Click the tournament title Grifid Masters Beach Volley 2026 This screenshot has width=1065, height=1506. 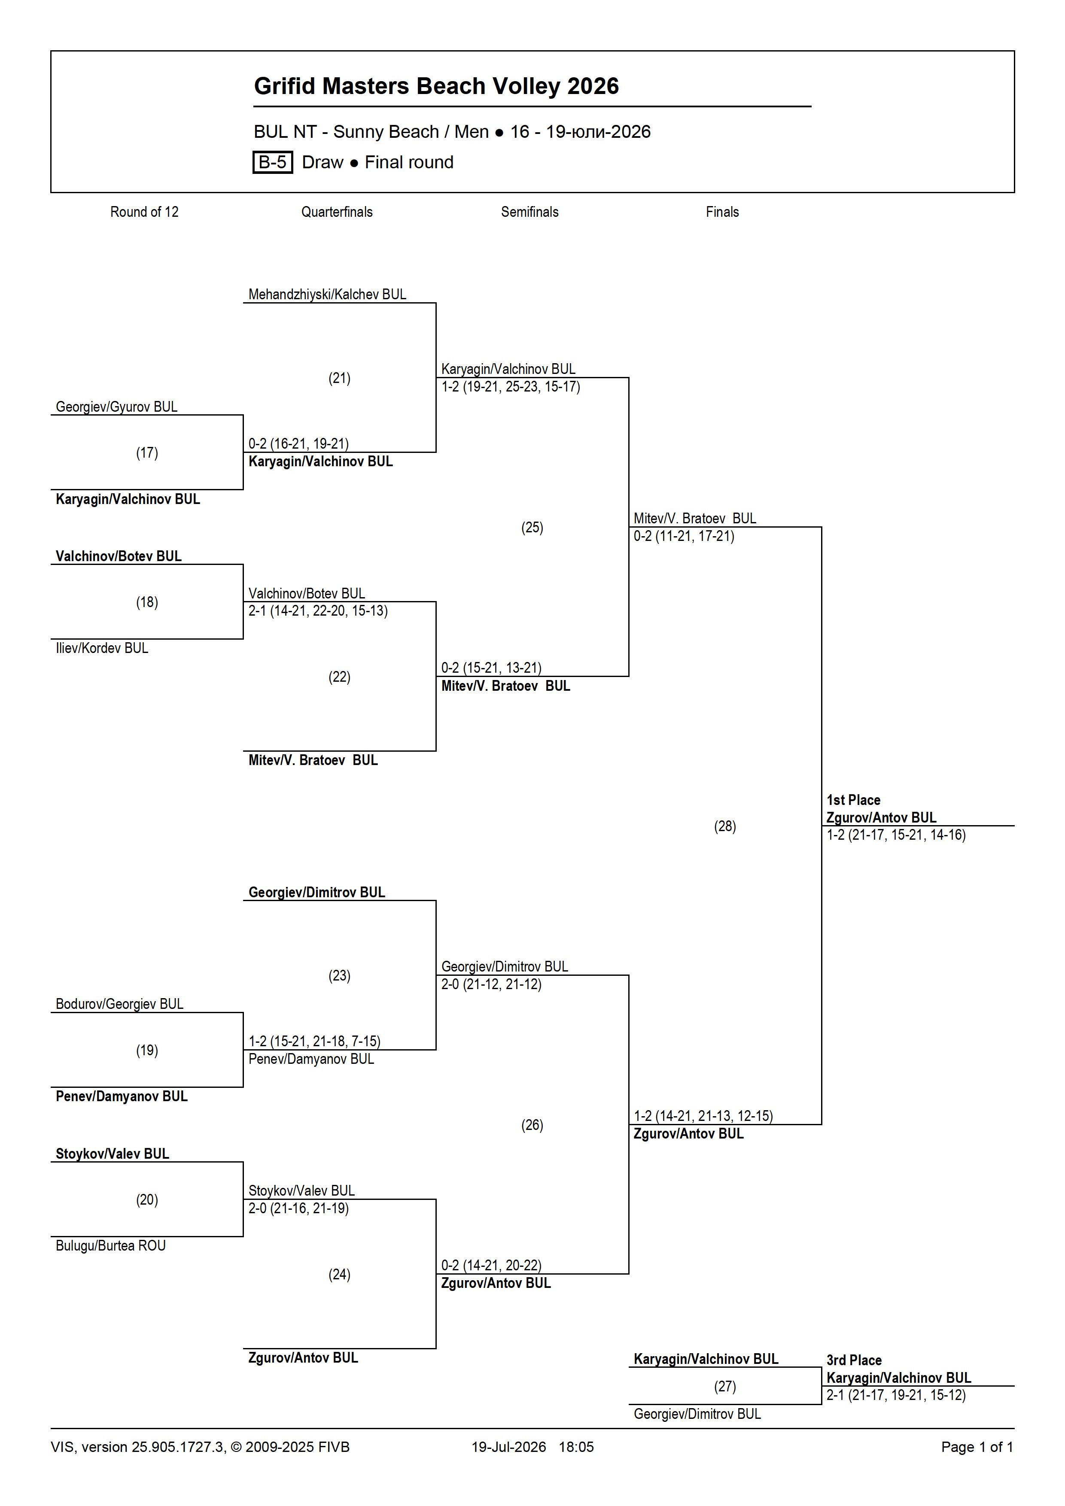coord(436,86)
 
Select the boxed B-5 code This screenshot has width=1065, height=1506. coord(272,162)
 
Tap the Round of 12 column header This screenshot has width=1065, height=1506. coord(144,212)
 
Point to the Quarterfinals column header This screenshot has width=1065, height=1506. coord(337,212)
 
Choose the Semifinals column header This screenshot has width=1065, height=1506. coord(529,212)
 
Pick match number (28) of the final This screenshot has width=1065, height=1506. coord(725,826)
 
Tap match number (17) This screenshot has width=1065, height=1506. coord(147,452)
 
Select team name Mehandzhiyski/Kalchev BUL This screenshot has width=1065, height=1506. coord(327,295)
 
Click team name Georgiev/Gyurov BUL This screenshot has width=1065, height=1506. coord(117,407)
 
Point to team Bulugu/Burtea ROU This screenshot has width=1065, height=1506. coord(111,1245)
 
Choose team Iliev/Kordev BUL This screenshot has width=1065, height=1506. coord(102,648)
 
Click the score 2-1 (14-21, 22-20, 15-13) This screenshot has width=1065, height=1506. coord(318,610)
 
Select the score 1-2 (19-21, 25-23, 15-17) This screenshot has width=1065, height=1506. coord(511,386)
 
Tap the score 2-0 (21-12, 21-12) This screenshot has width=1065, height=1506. coord(491,984)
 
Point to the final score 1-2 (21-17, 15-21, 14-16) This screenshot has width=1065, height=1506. coord(896,835)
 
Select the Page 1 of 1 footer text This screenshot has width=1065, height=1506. coord(977,1447)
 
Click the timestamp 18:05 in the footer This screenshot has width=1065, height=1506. coord(576,1447)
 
